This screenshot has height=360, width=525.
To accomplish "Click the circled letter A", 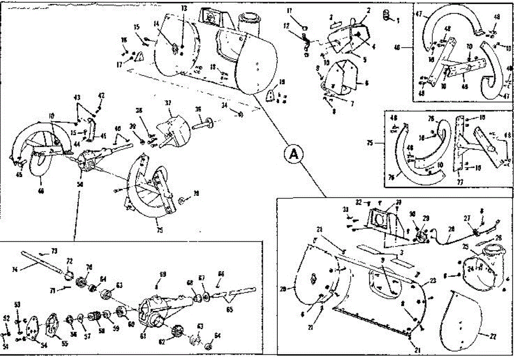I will point(294,154).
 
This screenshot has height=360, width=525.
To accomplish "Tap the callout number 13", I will point(183,8).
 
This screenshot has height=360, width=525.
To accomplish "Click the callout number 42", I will point(101,95).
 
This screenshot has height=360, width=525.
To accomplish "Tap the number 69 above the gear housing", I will point(163,275).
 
